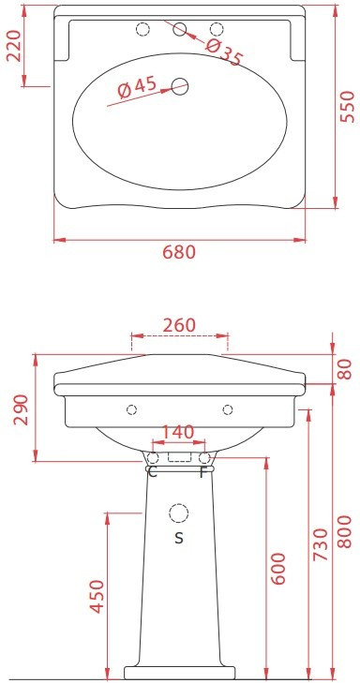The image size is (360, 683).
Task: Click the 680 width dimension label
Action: coord(179,252)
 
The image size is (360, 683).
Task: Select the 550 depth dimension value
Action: coord(348,107)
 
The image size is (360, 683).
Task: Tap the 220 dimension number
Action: coord(13,46)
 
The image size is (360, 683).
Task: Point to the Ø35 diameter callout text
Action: coord(223,52)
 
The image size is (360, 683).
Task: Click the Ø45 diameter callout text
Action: coord(137,87)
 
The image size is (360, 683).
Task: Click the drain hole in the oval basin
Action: coord(179,86)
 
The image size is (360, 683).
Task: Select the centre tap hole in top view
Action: coord(179,29)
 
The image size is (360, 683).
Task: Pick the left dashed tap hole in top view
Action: coord(142,29)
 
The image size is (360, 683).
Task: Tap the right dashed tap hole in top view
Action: coord(217,29)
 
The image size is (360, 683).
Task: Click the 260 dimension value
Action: coord(179,325)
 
